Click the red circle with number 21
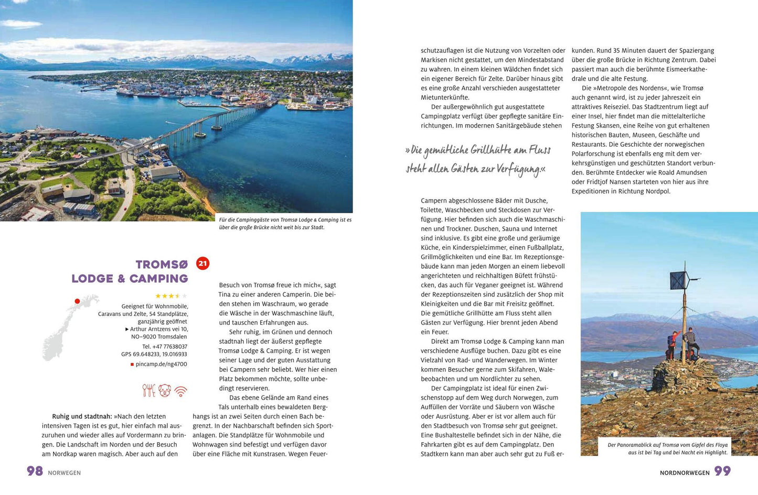(x=202, y=263)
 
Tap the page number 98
(x=35, y=471)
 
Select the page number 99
(x=722, y=471)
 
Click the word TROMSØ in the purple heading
(x=162, y=265)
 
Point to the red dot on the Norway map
(x=77, y=301)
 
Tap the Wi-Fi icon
(x=181, y=391)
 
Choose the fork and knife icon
(x=149, y=391)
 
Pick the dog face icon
(x=165, y=391)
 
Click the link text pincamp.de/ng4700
(x=161, y=364)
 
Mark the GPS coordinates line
(x=154, y=355)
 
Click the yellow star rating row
(x=170, y=296)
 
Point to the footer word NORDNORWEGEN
(x=685, y=473)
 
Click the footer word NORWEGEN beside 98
(x=65, y=473)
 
